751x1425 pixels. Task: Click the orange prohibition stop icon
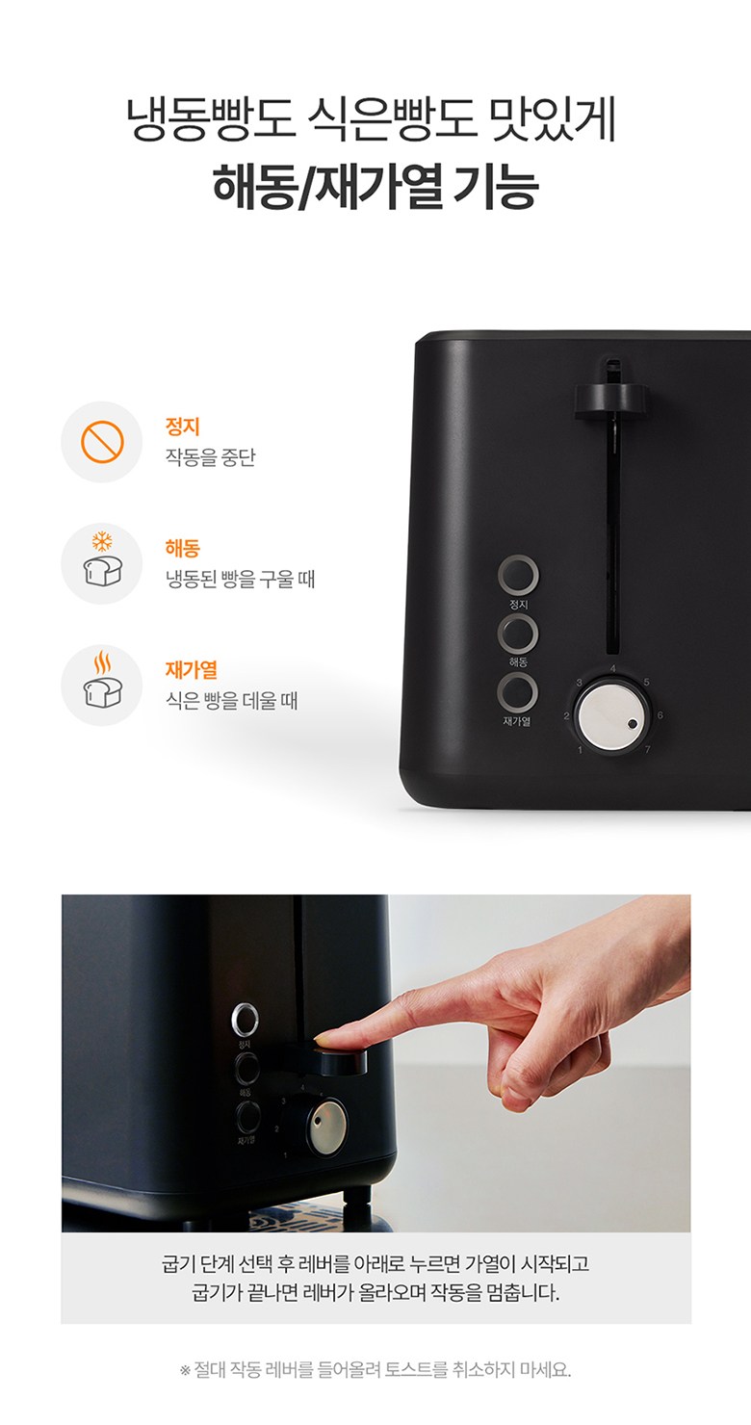[x=102, y=442]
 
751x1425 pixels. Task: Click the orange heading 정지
[x=183, y=426]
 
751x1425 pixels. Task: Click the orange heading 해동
[x=183, y=548]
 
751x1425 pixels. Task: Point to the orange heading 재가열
[x=192, y=669]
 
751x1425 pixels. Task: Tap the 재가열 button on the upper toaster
[x=517, y=693]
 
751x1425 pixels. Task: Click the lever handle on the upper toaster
[x=610, y=400]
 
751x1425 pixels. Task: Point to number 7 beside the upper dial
[x=647, y=749]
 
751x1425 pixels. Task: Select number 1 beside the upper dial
[x=580, y=750]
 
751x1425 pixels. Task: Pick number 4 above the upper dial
[x=613, y=668]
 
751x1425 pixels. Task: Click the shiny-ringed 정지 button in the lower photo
[x=245, y=1019]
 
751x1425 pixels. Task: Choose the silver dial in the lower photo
[x=327, y=1127]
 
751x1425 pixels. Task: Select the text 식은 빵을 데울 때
[x=231, y=700]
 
